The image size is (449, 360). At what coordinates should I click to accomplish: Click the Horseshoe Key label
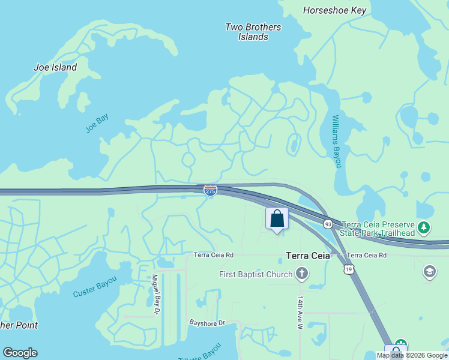[x=335, y=10]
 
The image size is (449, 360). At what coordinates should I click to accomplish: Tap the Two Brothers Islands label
[x=253, y=32]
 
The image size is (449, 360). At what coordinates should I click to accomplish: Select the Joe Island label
[x=55, y=67]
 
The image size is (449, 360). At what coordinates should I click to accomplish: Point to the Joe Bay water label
[x=97, y=124]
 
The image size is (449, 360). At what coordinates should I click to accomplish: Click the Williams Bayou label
[x=336, y=141]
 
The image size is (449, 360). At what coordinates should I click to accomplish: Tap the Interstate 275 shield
[x=210, y=191]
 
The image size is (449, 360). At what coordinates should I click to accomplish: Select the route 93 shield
[x=328, y=224]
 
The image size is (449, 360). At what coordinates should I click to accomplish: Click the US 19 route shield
[x=349, y=270]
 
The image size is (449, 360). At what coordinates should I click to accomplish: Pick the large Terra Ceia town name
[x=308, y=256]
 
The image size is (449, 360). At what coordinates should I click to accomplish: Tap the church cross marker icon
[x=302, y=275]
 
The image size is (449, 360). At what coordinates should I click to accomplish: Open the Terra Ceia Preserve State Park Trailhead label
[x=378, y=228]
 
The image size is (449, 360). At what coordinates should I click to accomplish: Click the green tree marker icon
[x=424, y=227]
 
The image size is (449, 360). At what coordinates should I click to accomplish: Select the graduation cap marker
[x=430, y=272]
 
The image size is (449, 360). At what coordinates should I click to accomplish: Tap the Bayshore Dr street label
[x=206, y=323]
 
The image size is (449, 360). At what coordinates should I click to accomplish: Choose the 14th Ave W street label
[x=300, y=312]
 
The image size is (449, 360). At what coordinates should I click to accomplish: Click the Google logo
[x=20, y=353]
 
